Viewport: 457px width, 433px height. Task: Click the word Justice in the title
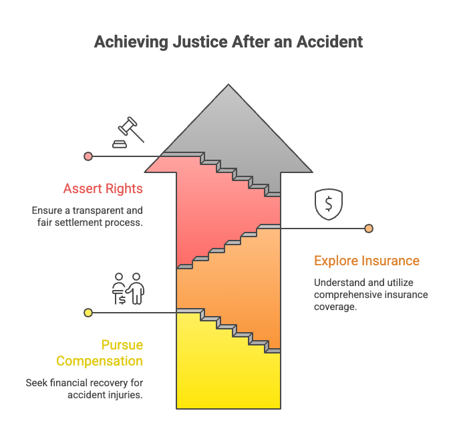pyautogui.click(x=200, y=42)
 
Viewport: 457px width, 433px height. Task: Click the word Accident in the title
pyautogui.click(x=329, y=42)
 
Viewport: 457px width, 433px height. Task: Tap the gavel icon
pyautogui.click(x=128, y=132)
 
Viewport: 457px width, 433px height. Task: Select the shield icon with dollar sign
pyautogui.click(x=329, y=204)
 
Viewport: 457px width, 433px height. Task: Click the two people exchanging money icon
pyautogui.click(x=128, y=289)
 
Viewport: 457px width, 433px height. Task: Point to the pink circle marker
pyautogui.click(x=88, y=156)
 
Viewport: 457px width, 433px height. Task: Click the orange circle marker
pyautogui.click(x=369, y=229)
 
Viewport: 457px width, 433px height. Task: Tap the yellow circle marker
pyautogui.click(x=88, y=313)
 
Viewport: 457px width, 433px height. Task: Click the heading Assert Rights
pyautogui.click(x=103, y=188)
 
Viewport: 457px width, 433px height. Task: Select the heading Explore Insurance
pyautogui.click(x=367, y=261)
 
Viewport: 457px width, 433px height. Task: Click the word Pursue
pyautogui.click(x=122, y=345)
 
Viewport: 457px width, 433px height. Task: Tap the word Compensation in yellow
pyautogui.click(x=100, y=361)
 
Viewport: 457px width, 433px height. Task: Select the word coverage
pyautogui.click(x=335, y=307)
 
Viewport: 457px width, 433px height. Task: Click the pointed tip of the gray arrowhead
pyautogui.click(x=228, y=85)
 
